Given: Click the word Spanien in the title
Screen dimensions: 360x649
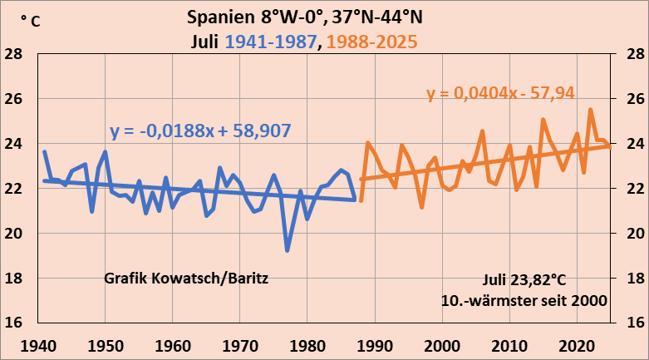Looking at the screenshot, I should tap(218, 17).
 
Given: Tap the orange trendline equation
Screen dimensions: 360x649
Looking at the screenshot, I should tap(501, 93).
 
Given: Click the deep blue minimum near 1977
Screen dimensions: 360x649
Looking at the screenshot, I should tap(288, 249).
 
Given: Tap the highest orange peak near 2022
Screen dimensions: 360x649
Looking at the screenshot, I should tap(591, 110).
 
